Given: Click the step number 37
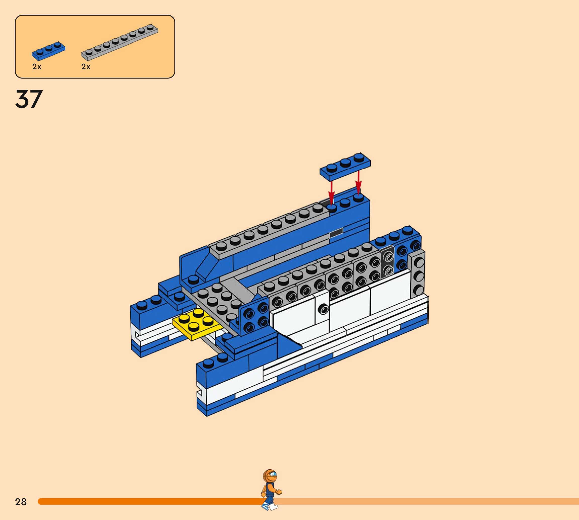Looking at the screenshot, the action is [x=29, y=99].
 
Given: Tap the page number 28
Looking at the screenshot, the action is [x=21, y=502].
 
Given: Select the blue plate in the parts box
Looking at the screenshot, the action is [x=49, y=51].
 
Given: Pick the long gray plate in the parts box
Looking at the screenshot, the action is [x=120, y=42].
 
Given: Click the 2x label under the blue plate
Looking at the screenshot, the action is [x=37, y=67].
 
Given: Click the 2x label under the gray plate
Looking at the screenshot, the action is [x=86, y=67].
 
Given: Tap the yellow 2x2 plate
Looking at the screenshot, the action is [x=197, y=325].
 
